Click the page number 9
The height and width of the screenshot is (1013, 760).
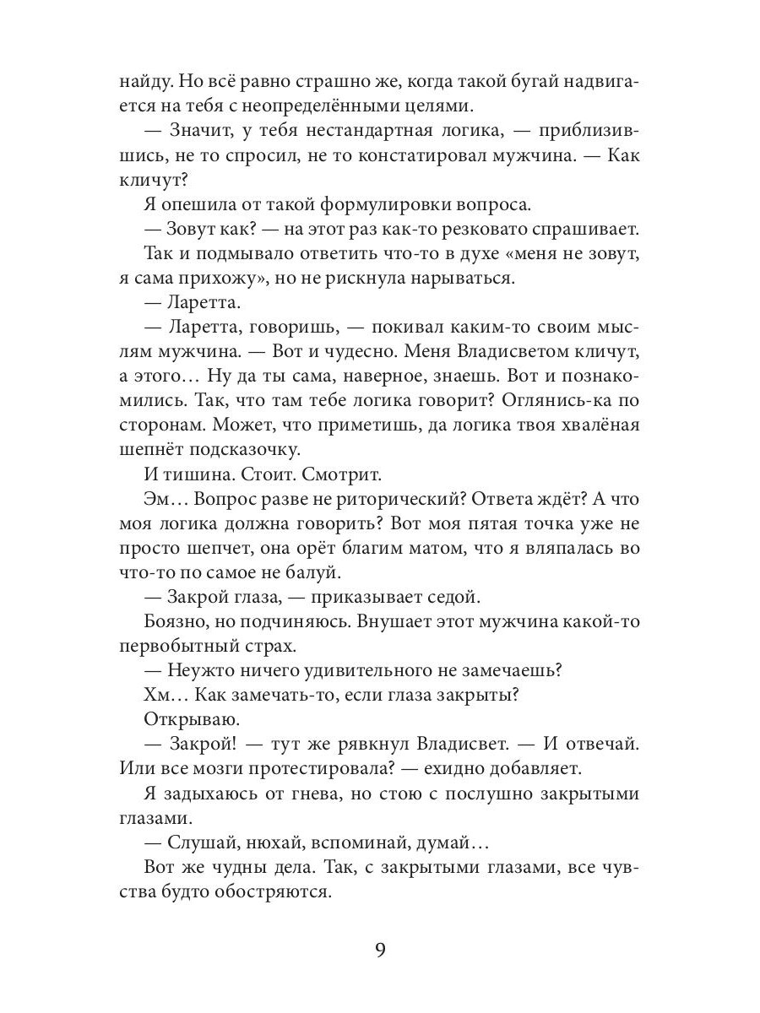380,949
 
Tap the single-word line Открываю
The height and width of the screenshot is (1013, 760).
180,718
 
